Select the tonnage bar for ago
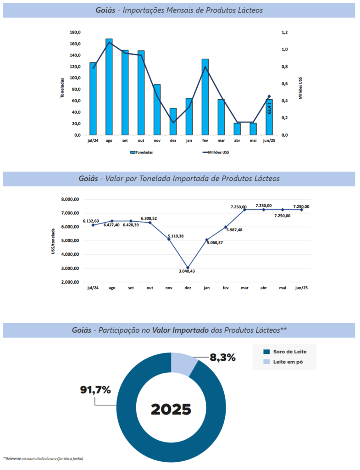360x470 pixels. [x=109, y=87]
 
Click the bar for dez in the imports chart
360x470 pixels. [x=173, y=122]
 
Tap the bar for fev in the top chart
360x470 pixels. [x=205, y=97]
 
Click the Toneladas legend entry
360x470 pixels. [x=142, y=152]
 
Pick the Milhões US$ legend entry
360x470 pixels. [x=216, y=152]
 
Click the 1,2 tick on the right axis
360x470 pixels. [x=285, y=32]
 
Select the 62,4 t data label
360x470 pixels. [x=269, y=109]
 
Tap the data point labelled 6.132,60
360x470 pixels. [x=93, y=225]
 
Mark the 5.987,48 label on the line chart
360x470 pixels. [x=234, y=230]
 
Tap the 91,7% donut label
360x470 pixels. [x=95, y=390]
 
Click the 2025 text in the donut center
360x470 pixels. [x=171, y=408]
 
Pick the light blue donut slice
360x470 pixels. [x=183, y=363]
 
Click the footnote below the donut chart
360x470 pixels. [x=44, y=459]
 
